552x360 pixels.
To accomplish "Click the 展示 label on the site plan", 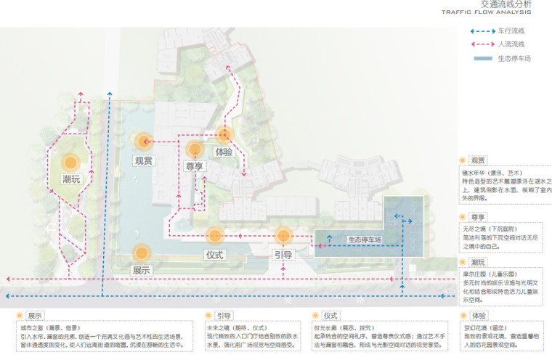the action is [142, 270].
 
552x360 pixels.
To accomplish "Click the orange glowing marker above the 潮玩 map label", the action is [70, 163].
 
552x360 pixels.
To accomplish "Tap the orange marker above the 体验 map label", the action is [224, 134].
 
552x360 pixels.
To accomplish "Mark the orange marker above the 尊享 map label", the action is [194, 150].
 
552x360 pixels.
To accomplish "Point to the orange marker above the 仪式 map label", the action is [214, 234].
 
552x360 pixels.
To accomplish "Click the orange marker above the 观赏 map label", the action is [144, 141].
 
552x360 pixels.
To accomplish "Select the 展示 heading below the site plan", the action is [36, 316].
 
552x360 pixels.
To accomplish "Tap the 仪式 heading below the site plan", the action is [330, 316].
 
